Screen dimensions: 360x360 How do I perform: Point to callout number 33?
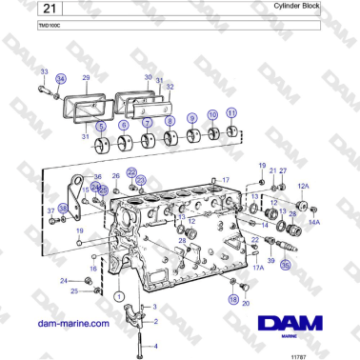click(43, 72)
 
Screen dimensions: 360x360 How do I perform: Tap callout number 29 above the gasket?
click(86, 77)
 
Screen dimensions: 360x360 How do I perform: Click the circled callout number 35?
click(285, 268)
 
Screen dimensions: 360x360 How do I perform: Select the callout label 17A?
click(257, 268)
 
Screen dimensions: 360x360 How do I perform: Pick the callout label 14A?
click(314, 221)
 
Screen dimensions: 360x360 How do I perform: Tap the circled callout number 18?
click(233, 299)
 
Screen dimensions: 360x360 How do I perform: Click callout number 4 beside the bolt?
click(156, 345)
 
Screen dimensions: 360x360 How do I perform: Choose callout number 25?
click(74, 290)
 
